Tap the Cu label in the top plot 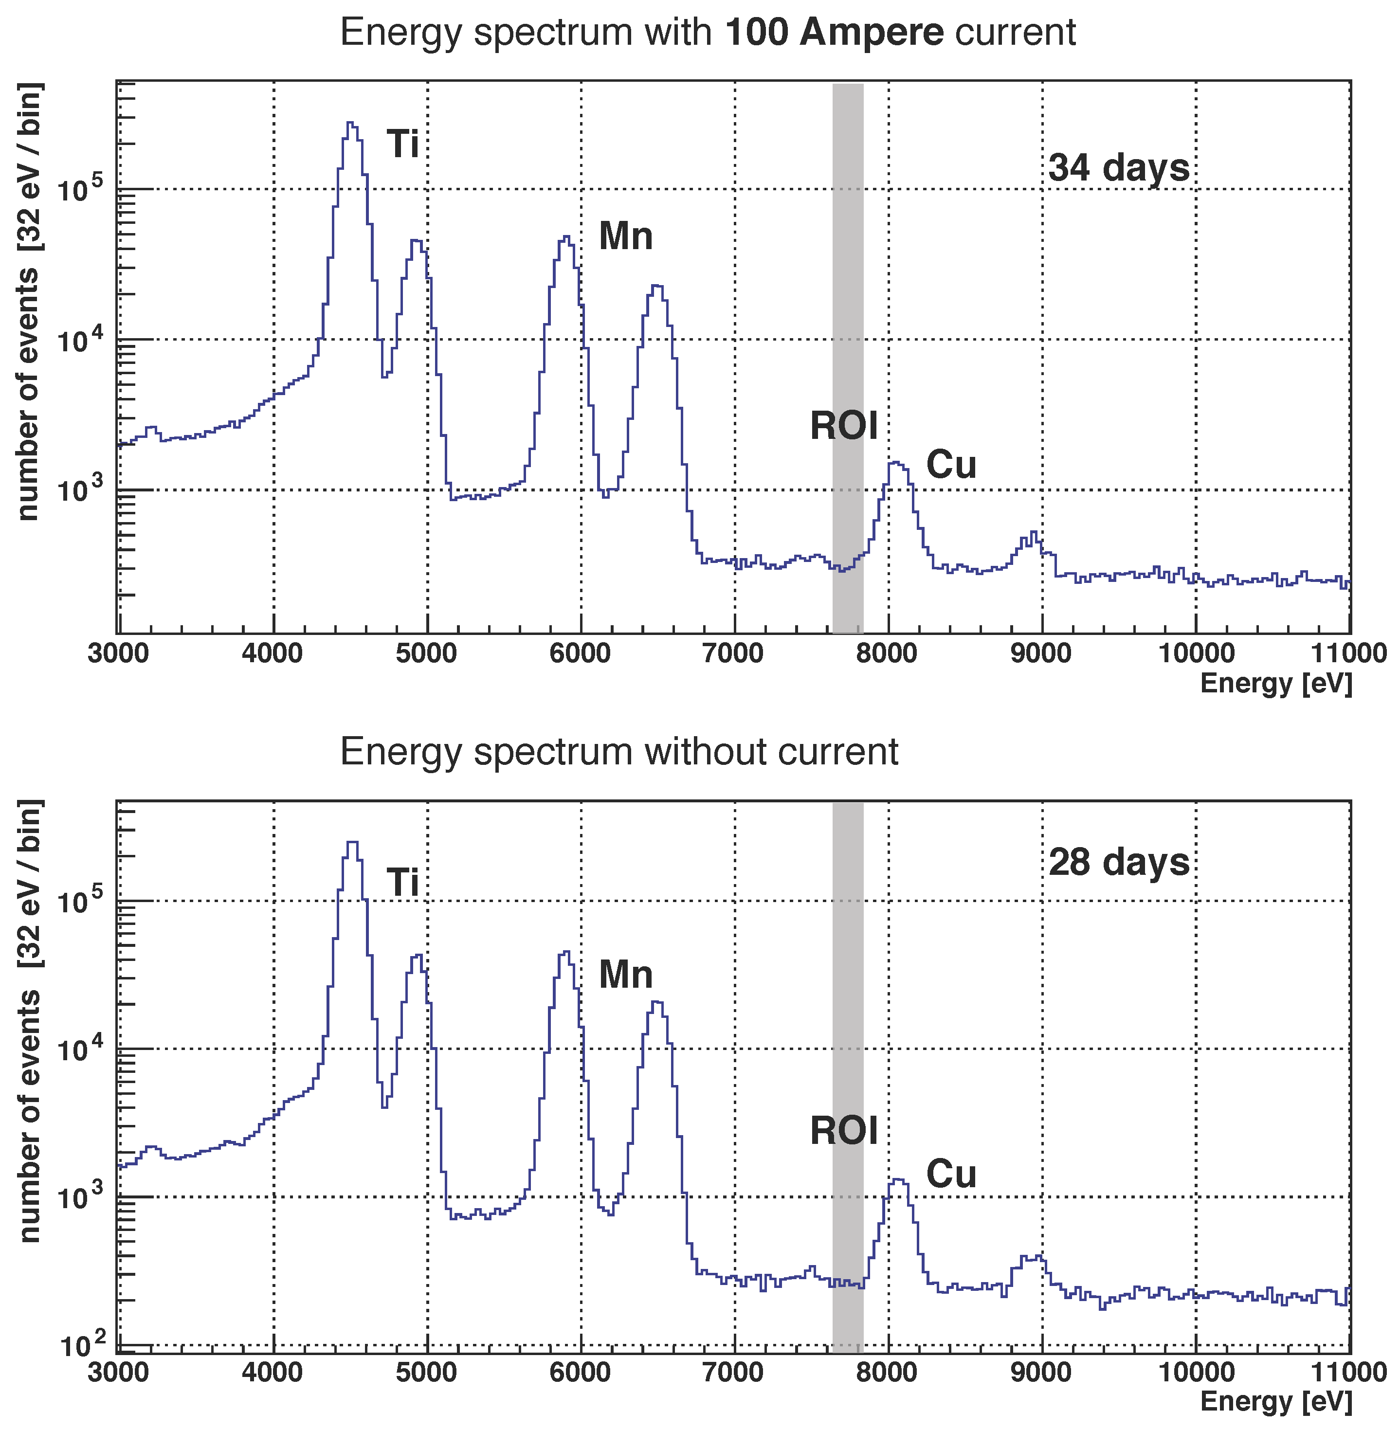click(951, 465)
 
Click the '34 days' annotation click(1118, 168)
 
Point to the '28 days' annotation click(1118, 862)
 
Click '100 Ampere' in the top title click(834, 33)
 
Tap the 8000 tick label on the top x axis click(888, 653)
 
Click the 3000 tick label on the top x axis click(118, 653)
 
